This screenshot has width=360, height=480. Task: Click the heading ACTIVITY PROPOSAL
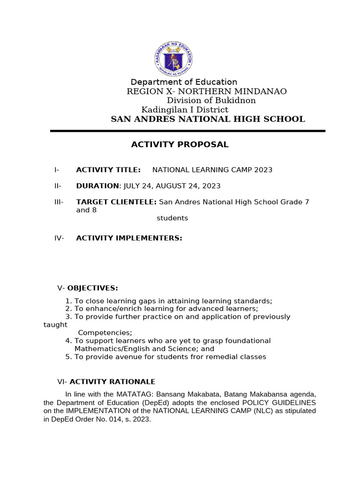[180, 144]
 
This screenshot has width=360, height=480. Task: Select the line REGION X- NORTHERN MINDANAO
[207, 91]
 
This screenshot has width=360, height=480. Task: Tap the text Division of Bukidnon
[211, 100]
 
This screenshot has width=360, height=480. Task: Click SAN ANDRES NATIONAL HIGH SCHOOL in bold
[208, 119]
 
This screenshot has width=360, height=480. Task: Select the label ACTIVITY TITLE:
[108, 170]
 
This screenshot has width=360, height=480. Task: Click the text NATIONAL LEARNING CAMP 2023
[212, 170]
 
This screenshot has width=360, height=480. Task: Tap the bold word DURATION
[97, 186]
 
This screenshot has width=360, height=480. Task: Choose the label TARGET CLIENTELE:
[116, 202]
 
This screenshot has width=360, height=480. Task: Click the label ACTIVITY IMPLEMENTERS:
[129, 238]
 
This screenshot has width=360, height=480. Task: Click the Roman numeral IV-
[59, 238]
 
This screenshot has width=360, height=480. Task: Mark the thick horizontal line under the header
[187, 131]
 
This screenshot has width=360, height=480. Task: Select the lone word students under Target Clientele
[172, 218]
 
